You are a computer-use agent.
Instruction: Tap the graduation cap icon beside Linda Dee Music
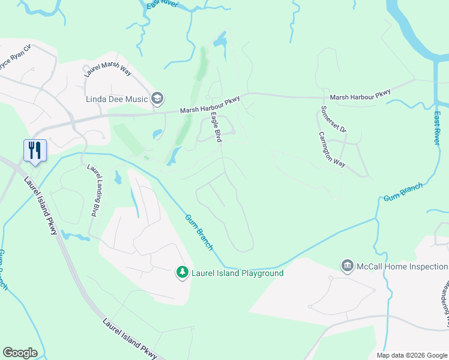point(157,98)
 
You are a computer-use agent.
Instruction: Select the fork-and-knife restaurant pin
point(34,150)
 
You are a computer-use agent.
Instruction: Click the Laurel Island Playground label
point(237,273)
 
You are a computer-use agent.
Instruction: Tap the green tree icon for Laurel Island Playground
point(181,273)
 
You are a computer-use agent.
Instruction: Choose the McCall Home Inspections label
point(402,266)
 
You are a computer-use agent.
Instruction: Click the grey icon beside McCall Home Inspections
point(346,266)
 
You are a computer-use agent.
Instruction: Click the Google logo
point(20,353)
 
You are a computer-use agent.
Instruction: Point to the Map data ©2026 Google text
point(412,355)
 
